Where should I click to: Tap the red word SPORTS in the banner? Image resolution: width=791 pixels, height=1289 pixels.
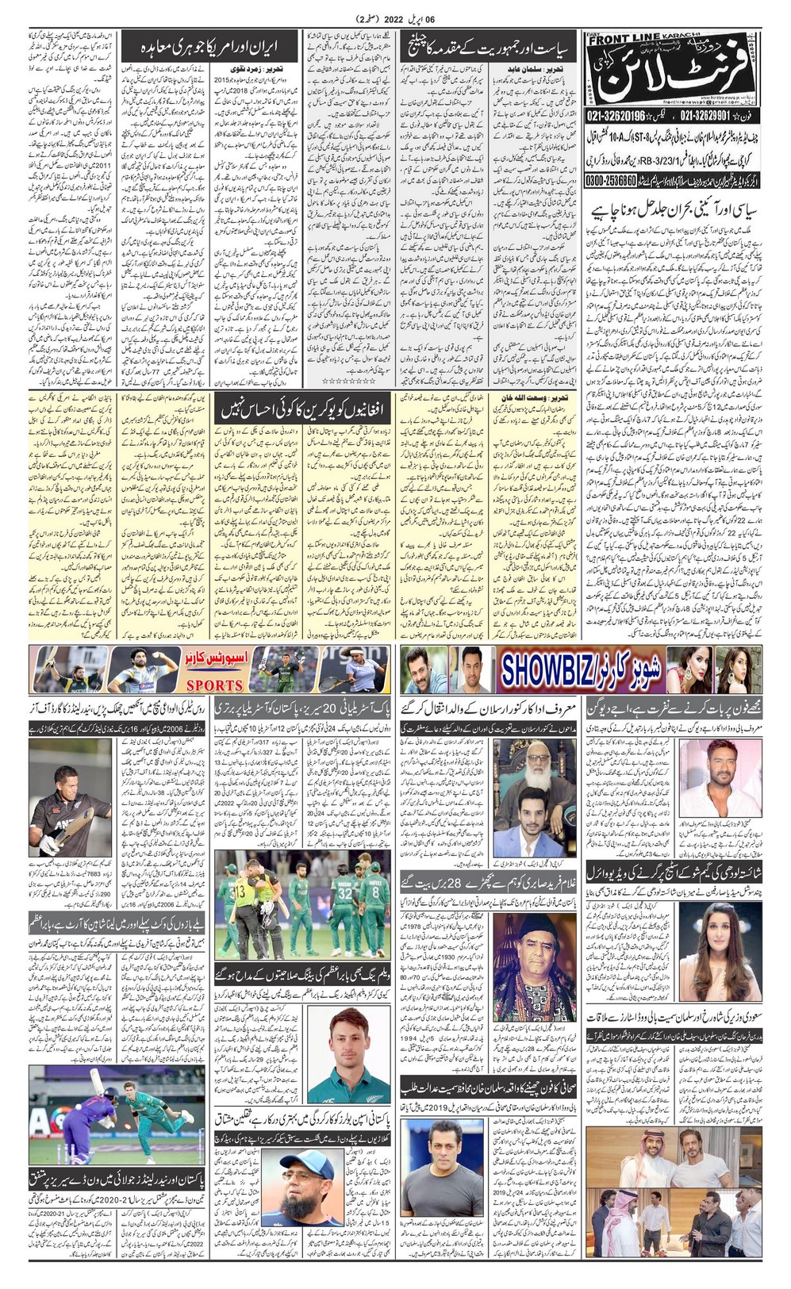pos(214,685)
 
